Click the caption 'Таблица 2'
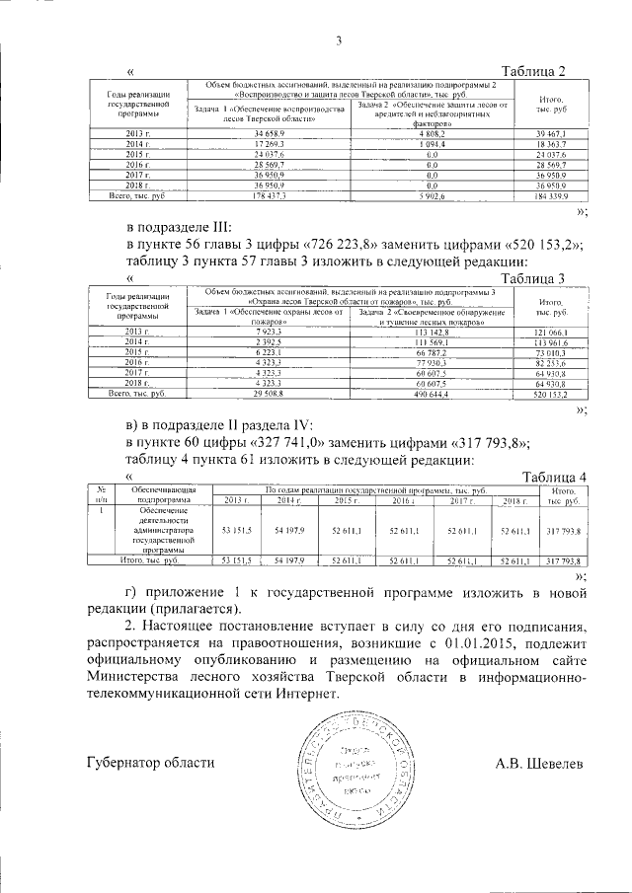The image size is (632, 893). tap(533, 71)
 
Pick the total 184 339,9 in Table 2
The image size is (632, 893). tap(550, 197)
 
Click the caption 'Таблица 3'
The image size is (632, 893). tap(533, 277)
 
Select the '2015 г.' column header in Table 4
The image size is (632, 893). tap(346, 501)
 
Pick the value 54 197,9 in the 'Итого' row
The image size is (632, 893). tap(289, 560)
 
